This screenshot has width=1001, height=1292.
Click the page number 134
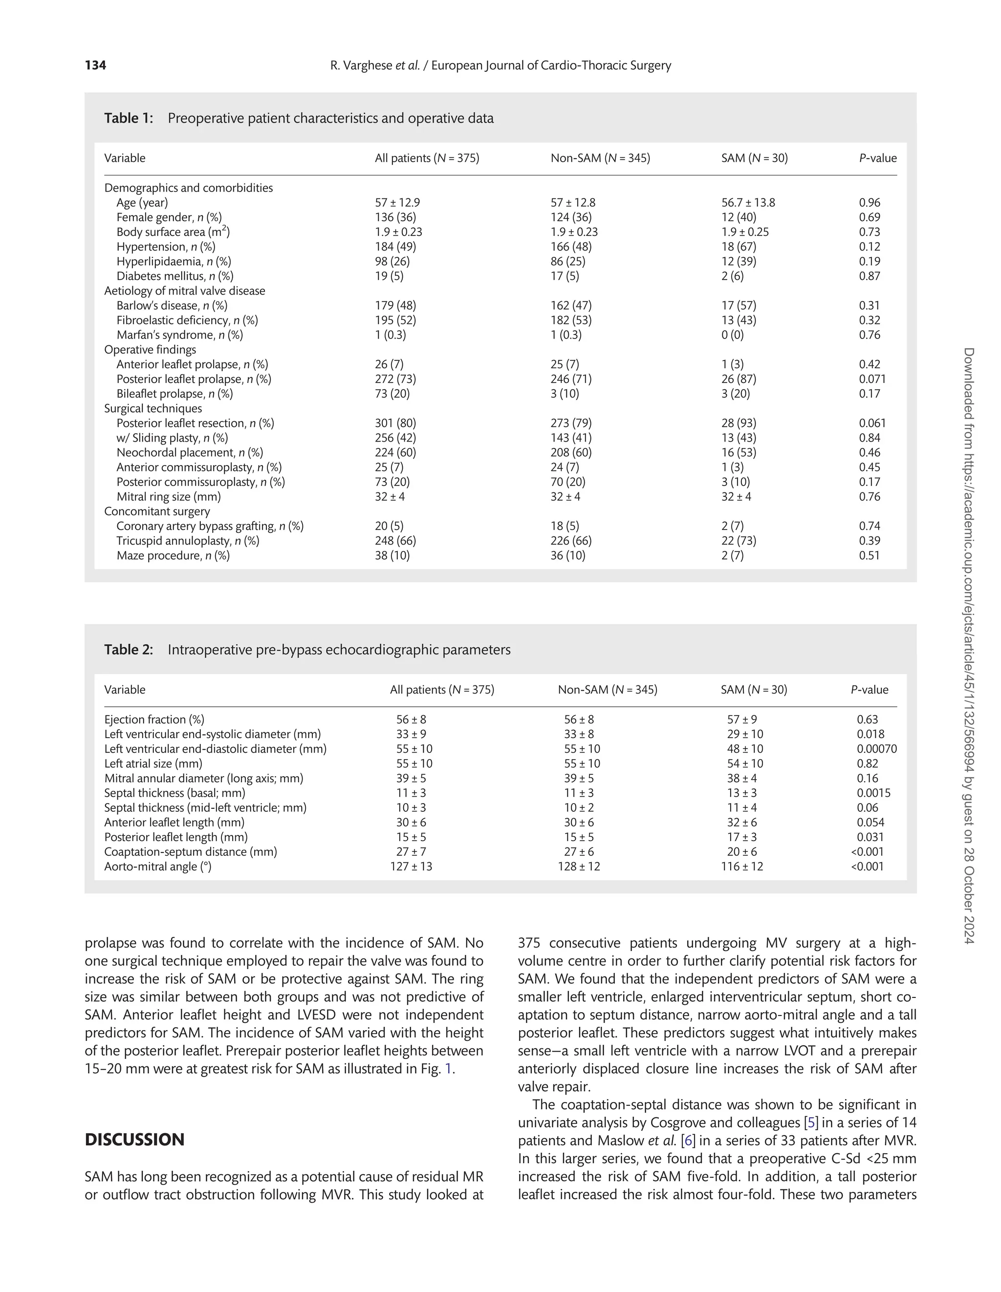(95, 65)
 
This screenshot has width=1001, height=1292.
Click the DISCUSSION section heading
(134, 1140)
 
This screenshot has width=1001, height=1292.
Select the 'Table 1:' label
(129, 118)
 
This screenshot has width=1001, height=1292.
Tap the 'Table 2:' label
(129, 650)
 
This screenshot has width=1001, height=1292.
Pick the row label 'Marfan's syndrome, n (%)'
(179, 335)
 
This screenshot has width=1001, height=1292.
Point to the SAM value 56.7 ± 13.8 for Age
(748, 202)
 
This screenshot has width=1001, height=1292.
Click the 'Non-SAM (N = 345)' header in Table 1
(600, 158)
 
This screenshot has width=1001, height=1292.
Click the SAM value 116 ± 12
(742, 867)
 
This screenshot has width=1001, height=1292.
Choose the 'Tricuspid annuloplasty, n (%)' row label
(188, 541)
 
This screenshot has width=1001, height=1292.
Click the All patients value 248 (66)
(395, 541)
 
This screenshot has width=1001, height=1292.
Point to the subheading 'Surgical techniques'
(152, 408)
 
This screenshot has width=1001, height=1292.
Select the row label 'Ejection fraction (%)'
(154, 720)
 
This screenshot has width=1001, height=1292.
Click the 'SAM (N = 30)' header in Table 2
(754, 690)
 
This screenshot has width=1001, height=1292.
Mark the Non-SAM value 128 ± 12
(578, 867)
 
